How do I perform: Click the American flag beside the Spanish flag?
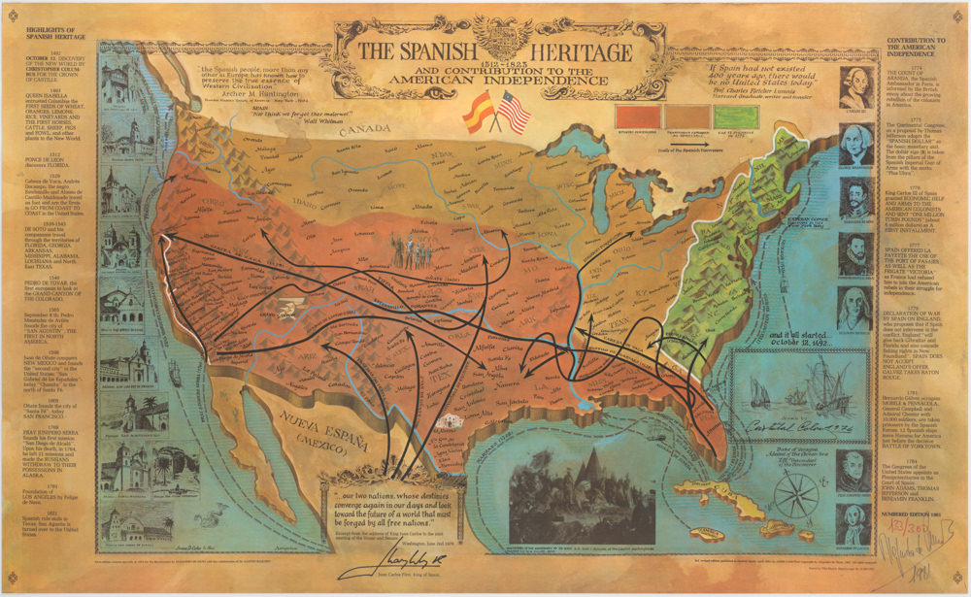(x=514, y=114)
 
